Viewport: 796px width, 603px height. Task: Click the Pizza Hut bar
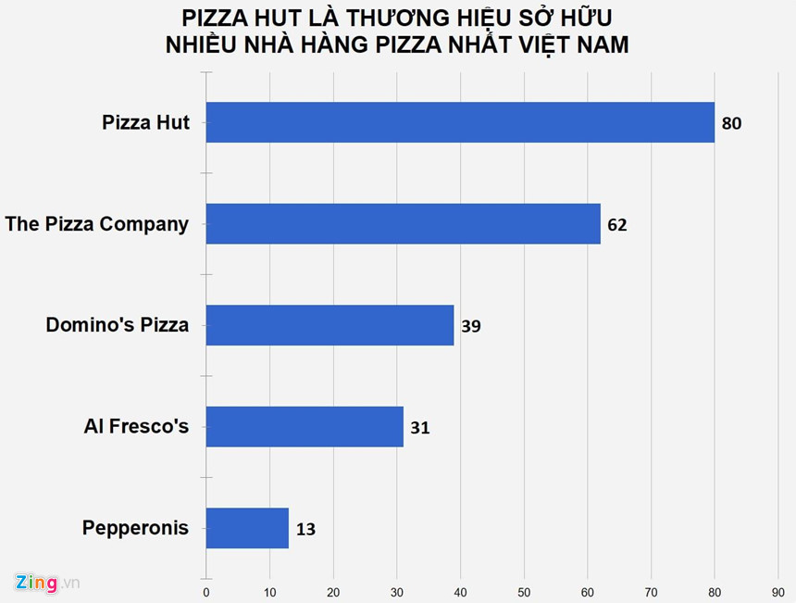tap(460, 122)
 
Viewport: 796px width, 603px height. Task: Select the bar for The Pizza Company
tap(403, 223)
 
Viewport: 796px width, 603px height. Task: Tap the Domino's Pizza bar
tap(330, 325)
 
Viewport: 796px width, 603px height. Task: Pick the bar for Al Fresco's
tap(305, 426)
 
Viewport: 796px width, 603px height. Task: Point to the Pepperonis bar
tap(247, 528)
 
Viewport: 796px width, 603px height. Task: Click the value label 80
tap(732, 123)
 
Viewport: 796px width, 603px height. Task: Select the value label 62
tap(617, 225)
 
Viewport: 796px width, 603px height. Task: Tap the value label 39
tap(471, 326)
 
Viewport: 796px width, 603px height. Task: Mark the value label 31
tap(420, 428)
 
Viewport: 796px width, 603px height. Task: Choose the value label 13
tap(306, 530)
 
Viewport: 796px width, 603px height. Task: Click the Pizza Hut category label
tap(145, 122)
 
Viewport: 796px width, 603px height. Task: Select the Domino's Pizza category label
tap(118, 325)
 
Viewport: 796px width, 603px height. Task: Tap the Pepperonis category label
tap(135, 528)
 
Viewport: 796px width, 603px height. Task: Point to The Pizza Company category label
tap(96, 223)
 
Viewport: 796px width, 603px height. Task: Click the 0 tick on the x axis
tap(205, 591)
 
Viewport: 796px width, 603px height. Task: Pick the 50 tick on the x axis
tap(524, 591)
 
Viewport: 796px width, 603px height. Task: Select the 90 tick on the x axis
tap(778, 591)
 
